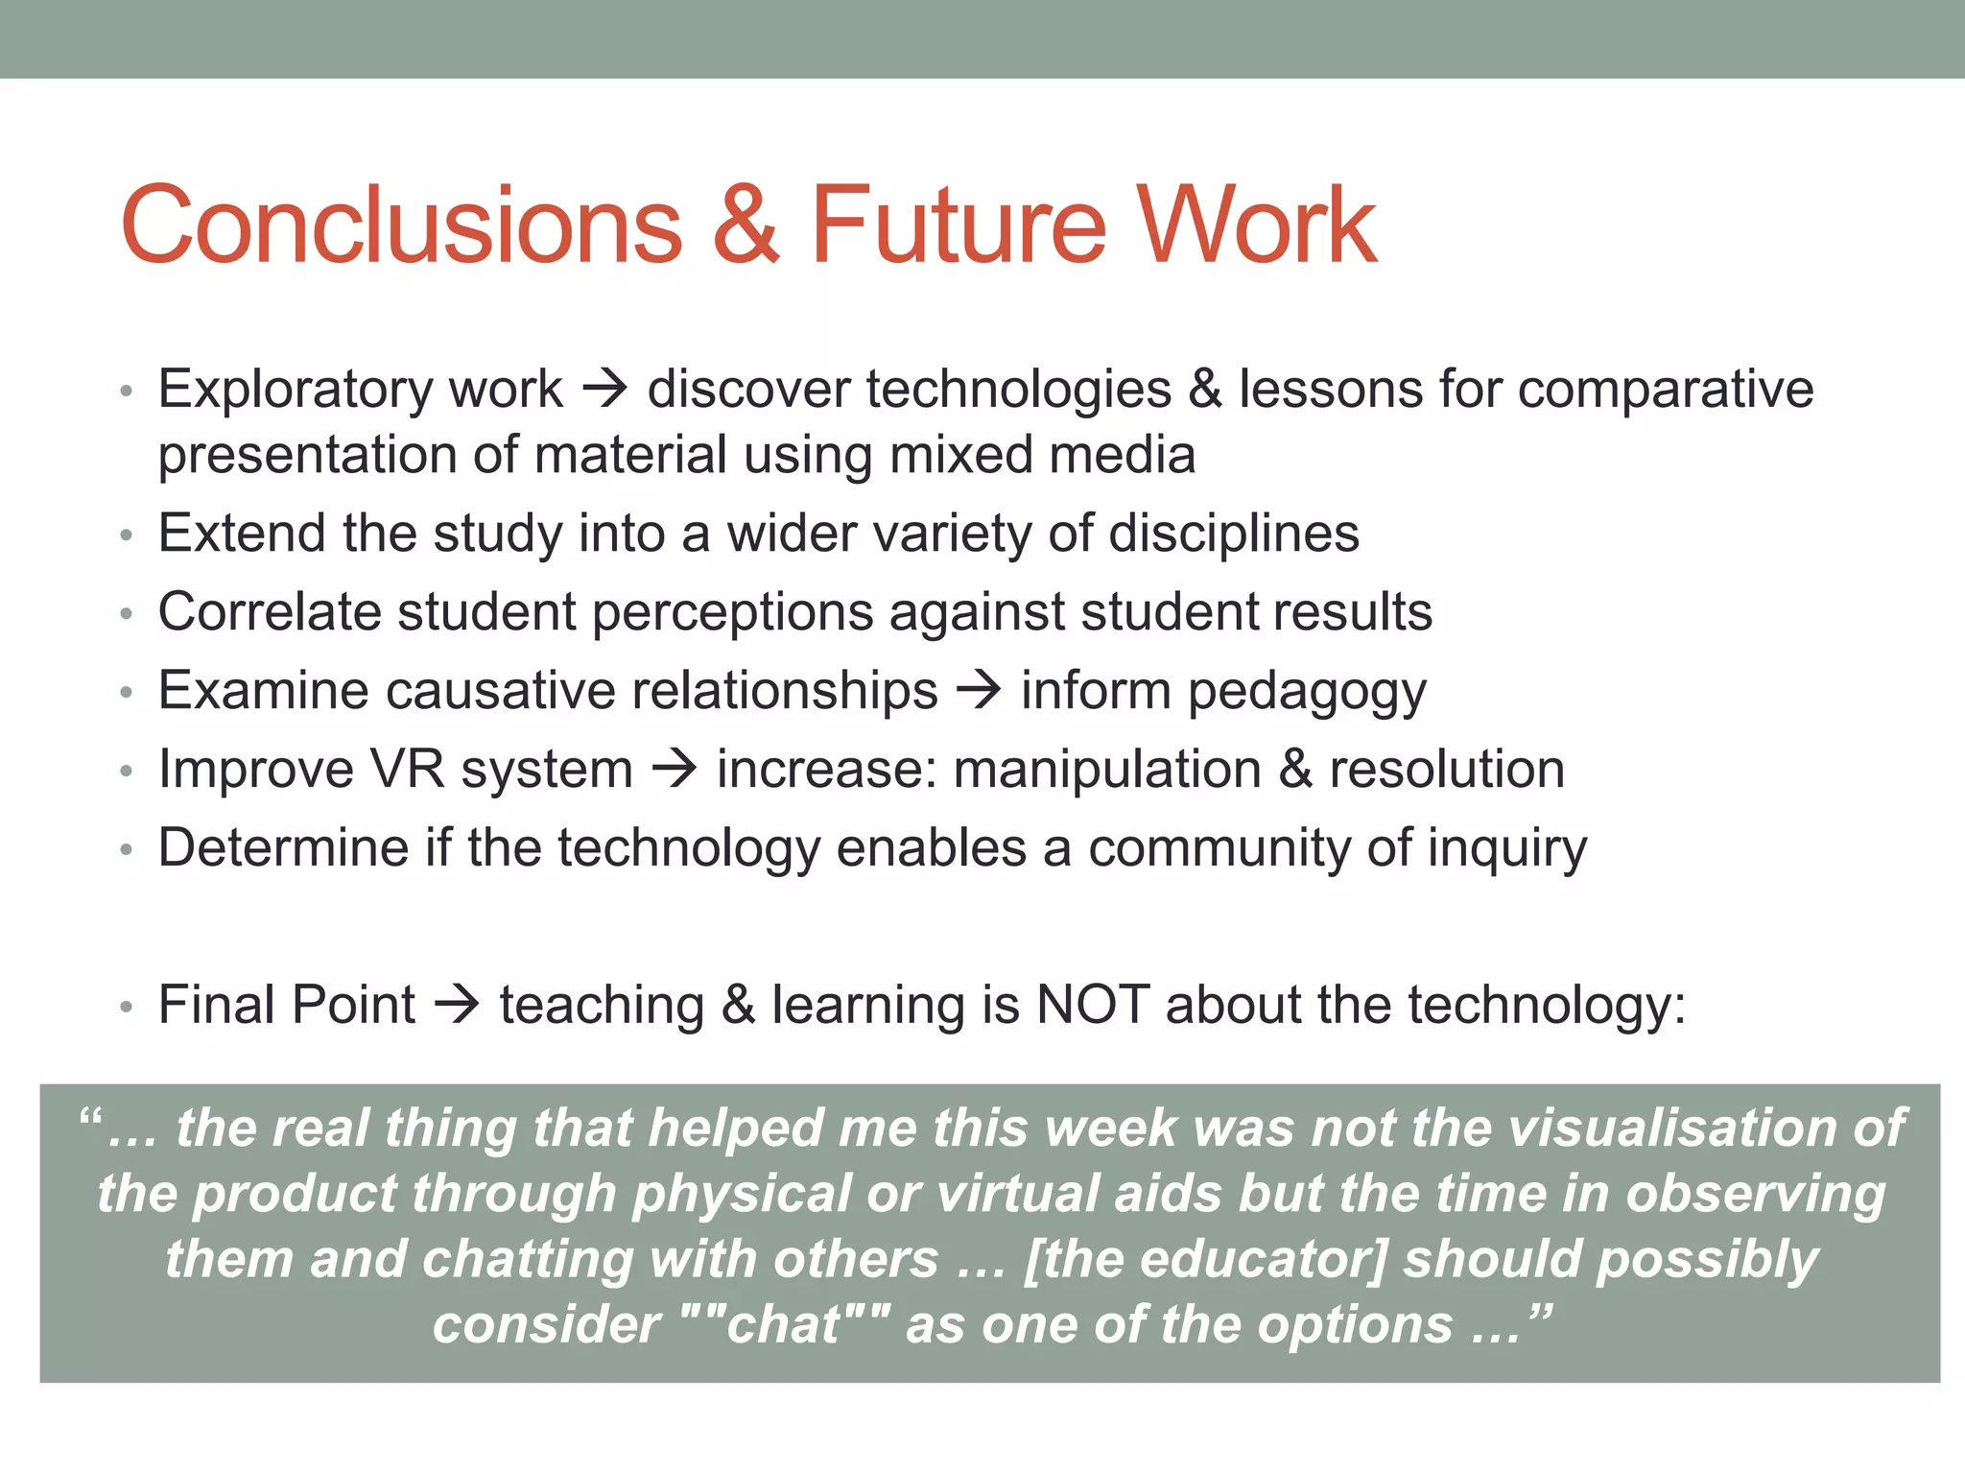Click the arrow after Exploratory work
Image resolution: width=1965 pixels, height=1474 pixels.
point(605,390)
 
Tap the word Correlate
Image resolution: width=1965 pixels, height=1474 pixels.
point(270,612)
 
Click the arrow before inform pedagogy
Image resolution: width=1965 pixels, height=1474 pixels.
point(980,691)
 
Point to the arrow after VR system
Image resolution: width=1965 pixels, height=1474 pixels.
point(675,770)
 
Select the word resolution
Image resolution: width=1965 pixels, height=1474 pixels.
point(1446,770)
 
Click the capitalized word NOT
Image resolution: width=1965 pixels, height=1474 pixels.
point(1093,1006)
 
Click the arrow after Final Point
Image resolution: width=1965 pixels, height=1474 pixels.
point(458,1006)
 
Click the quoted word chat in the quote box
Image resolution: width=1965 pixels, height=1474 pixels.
point(784,1325)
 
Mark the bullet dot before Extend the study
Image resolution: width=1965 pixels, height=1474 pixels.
point(126,535)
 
